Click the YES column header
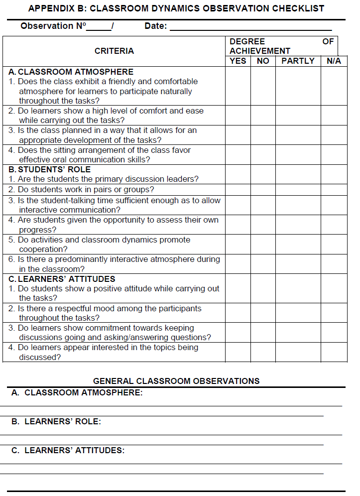[x=238, y=61]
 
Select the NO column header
[x=263, y=61]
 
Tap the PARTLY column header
[x=298, y=61]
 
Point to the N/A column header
[x=334, y=61]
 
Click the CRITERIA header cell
[x=114, y=51]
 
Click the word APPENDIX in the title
[x=50, y=8]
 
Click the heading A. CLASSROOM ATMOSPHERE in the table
[x=71, y=72]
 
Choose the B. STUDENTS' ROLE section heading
[x=50, y=169]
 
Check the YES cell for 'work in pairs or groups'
[x=238, y=189]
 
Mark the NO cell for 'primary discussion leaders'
[x=263, y=179]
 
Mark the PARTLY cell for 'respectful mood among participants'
[x=298, y=313]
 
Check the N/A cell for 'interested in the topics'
[x=334, y=352]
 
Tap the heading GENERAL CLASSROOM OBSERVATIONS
[x=176, y=381]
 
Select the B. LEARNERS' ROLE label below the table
[x=56, y=421]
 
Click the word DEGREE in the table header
[x=247, y=41]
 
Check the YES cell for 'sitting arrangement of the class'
[x=238, y=154]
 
